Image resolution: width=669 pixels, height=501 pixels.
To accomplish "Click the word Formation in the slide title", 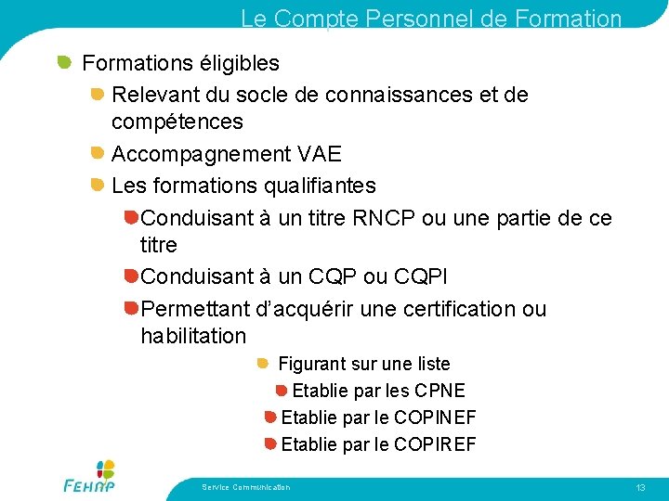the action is click(568, 19).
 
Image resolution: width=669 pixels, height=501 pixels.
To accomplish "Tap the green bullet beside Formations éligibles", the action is click(64, 62).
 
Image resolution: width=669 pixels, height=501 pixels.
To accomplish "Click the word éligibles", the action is click(240, 64).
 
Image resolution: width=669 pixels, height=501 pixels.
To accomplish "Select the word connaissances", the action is click(399, 95).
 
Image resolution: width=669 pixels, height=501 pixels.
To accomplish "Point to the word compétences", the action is click(177, 122).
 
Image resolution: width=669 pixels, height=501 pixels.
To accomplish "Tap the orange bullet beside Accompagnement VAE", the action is click(98, 152).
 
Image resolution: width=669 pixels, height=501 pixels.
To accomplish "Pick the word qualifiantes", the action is click(320, 186).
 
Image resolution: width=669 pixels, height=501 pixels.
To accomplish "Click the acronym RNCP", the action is click(384, 218).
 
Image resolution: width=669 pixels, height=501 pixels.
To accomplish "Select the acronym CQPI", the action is click(420, 276).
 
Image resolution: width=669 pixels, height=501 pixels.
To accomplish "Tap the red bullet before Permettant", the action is click(131, 308).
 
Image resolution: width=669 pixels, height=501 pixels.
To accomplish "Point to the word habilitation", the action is click(193, 336).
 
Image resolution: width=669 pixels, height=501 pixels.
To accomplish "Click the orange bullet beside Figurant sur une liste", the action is click(262, 364).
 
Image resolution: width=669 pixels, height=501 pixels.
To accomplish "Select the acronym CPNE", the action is click(439, 391).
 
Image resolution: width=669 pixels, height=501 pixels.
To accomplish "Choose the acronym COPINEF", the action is click(435, 417).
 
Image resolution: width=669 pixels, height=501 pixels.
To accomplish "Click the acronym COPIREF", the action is click(435, 444).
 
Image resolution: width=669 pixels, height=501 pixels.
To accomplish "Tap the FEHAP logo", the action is click(90, 476).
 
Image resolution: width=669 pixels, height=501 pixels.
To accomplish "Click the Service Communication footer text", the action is click(245, 487).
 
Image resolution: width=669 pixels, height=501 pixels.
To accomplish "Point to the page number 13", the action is click(640, 488).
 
